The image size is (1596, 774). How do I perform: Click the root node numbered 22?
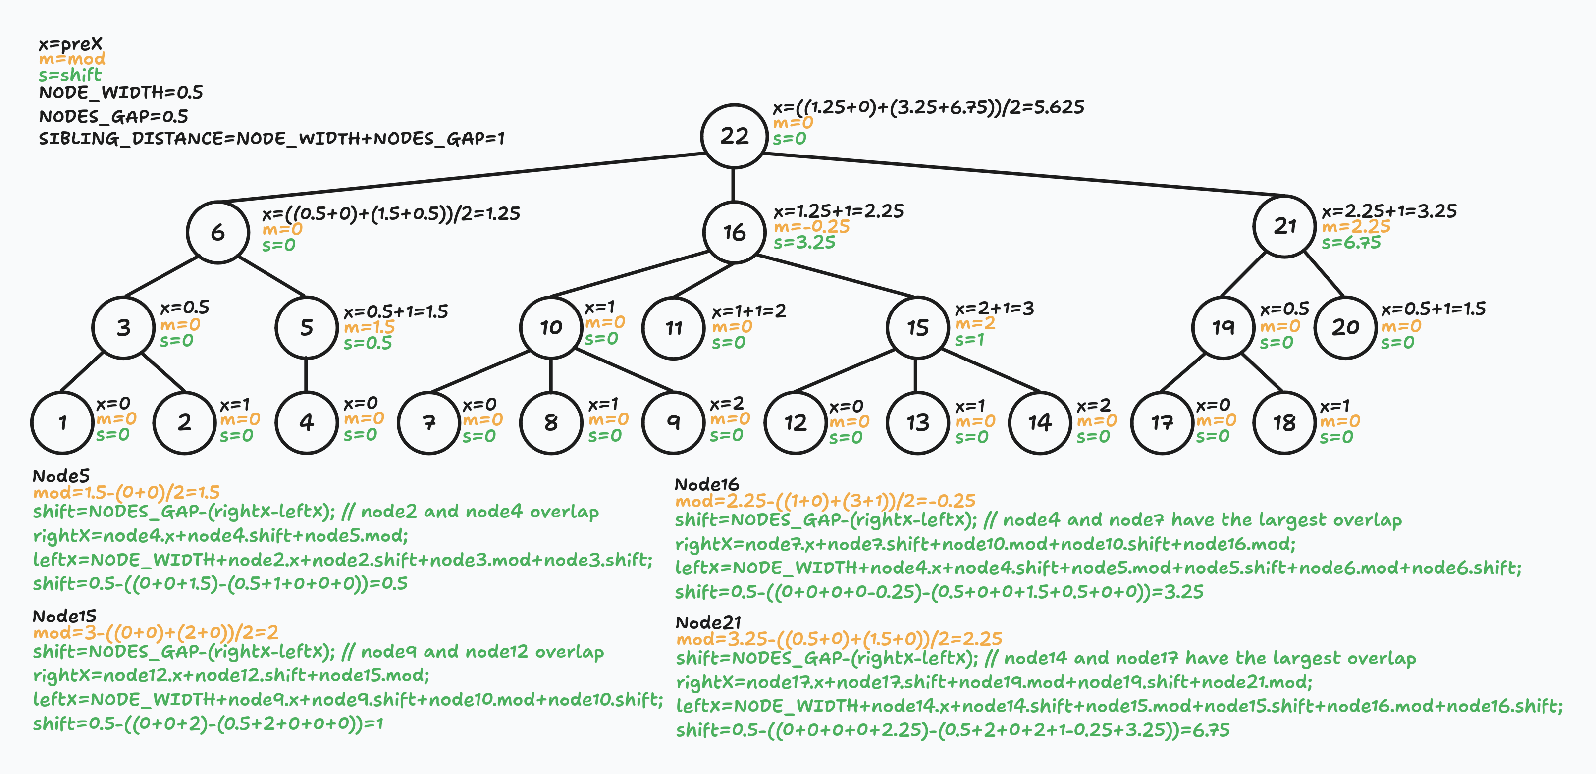pos(734,136)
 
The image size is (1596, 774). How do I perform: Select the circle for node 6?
pos(217,232)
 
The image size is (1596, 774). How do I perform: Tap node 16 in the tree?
pos(734,232)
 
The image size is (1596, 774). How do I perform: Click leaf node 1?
pos(62,423)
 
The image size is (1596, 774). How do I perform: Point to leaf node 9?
pos(674,423)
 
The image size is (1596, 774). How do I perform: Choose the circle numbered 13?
pos(917,423)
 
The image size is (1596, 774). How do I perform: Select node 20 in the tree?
pos(1345,327)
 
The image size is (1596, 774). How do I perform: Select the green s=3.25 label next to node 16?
pos(804,243)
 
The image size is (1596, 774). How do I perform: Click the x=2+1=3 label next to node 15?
pos(994,309)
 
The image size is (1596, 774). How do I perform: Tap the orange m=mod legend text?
pos(72,59)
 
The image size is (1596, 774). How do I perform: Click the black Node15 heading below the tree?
pos(64,616)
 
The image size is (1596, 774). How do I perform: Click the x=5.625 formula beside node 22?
pos(928,107)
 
